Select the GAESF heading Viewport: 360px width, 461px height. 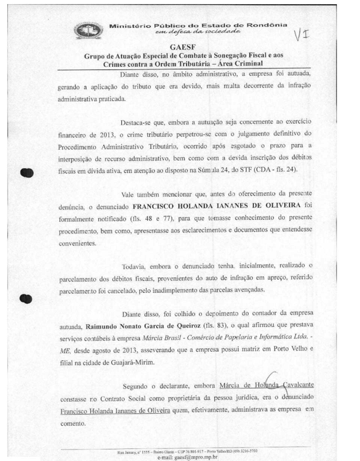coord(183,48)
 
